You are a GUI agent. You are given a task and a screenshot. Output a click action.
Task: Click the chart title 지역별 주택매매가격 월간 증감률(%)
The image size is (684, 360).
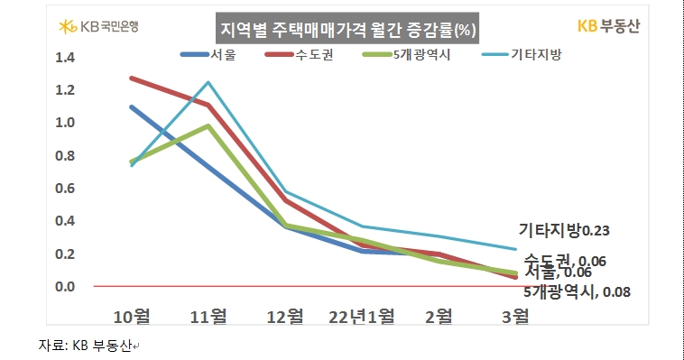348,30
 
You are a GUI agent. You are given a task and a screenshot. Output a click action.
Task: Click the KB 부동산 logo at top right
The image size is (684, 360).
606,26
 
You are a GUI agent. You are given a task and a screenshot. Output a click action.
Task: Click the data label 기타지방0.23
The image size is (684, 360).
563,231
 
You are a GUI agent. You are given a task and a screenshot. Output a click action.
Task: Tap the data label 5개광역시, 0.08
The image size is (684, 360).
576,291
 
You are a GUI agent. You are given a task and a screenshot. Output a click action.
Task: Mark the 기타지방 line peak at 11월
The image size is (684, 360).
208,83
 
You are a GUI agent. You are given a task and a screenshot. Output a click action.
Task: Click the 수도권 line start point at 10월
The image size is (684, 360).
132,78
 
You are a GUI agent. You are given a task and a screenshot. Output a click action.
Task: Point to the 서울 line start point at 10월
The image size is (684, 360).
132,106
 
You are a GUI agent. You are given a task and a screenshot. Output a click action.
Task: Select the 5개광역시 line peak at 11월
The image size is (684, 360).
208,125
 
